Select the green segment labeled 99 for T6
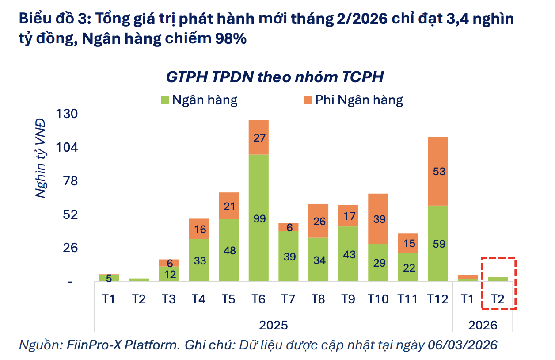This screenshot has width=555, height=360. [x=258, y=218]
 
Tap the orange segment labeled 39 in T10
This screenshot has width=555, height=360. [x=378, y=218]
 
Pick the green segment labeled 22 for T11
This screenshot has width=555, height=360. [x=408, y=267]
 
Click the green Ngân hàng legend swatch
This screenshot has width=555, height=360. [x=164, y=100]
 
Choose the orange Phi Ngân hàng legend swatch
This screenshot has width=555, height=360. [x=307, y=100]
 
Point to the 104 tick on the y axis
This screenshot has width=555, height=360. [x=67, y=147]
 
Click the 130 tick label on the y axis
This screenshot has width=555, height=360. [x=67, y=114]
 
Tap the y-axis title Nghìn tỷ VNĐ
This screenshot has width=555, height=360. [x=41, y=157]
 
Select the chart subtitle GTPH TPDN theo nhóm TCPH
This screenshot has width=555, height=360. [x=274, y=77]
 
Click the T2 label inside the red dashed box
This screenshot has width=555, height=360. [x=498, y=299]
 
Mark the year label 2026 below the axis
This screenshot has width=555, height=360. [x=483, y=325]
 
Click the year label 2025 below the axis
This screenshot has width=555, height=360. [x=273, y=325]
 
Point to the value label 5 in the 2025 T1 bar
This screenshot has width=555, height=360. [x=109, y=278]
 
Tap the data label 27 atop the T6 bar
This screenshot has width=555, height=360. [x=259, y=138]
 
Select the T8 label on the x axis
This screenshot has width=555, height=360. [x=318, y=299]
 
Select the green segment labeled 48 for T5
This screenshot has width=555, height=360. [x=229, y=250]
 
